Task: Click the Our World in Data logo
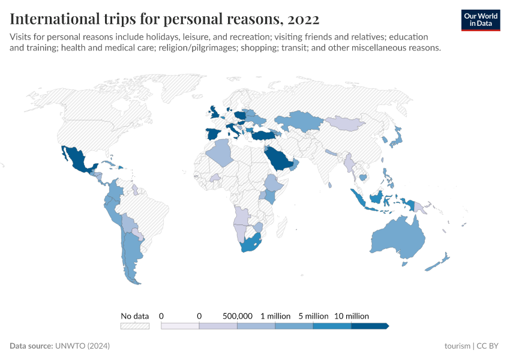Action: tap(481, 20)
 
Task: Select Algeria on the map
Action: tap(220, 153)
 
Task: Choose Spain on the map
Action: tap(214, 133)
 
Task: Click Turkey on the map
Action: tap(262, 135)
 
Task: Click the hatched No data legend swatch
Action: tap(134, 326)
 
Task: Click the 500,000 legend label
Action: tap(237, 316)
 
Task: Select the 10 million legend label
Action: tap(352, 316)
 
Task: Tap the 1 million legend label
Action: tap(275, 316)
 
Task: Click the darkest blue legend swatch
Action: tap(369, 326)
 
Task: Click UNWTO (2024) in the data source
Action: tap(82, 346)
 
